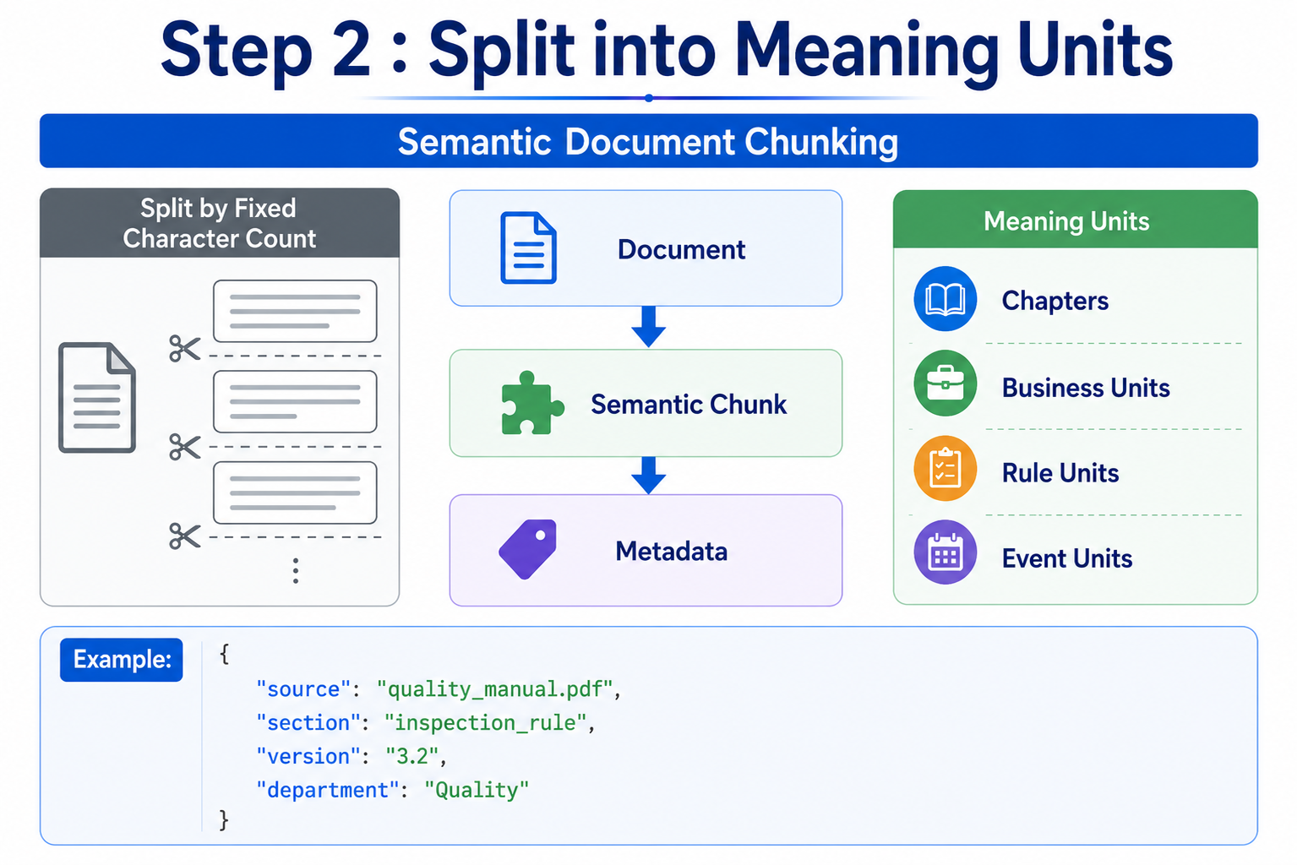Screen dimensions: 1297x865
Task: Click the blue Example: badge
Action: coord(122,660)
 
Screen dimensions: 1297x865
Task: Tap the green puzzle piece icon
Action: coord(531,403)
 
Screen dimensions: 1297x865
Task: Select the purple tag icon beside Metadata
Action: coord(528,549)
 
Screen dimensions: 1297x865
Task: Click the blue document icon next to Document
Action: coord(528,248)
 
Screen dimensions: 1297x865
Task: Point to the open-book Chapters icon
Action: coord(945,299)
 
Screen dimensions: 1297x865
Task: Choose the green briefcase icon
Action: coord(945,384)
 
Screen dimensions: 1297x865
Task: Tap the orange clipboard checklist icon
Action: coord(945,468)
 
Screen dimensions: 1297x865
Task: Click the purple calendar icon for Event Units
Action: coord(945,552)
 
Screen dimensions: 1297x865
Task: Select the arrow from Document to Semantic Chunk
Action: coord(649,327)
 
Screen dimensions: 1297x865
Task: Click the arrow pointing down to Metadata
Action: coord(649,476)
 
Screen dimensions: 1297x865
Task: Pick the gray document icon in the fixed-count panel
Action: coord(97,398)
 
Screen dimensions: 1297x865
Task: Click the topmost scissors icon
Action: coord(185,349)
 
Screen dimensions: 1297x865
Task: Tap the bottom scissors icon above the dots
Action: coord(185,536)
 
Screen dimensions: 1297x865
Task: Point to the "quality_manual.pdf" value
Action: coord(494,689)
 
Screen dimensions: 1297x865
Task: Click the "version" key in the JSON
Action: coord(303,756)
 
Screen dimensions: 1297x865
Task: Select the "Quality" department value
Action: coord(477,790)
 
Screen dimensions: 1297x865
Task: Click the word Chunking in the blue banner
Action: coord(821,143)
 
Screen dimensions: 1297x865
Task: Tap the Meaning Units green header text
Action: coord(1066,221)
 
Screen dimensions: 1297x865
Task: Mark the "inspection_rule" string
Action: coord(486,722)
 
